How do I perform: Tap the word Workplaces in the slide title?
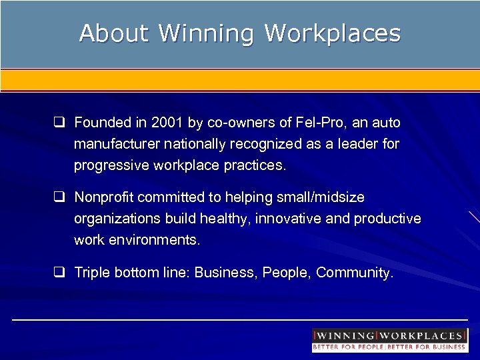pos(333,33)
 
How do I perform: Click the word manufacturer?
pos(114,145)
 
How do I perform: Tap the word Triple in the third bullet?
pos(91,273)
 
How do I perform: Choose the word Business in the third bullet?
pos(225,273)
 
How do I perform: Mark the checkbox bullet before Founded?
pos(59,123)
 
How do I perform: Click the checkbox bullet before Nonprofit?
pos(59,198)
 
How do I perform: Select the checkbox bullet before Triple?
pos(59,273)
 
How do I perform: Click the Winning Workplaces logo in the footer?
pos(389,340)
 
